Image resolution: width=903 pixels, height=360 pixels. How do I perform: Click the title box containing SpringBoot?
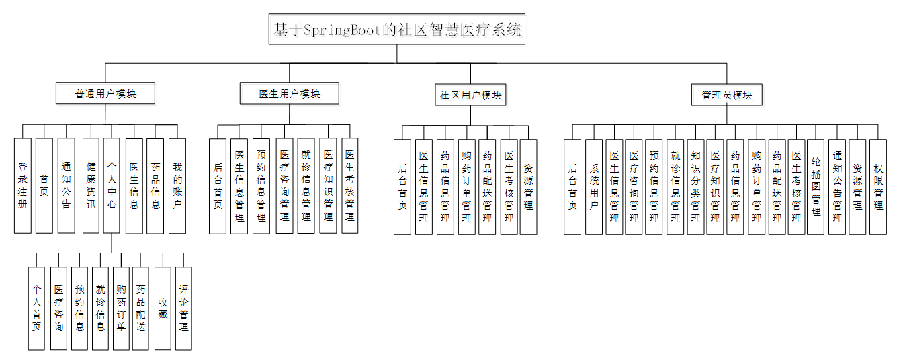point(396,30)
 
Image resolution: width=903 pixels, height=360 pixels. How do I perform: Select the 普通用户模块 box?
point(105,94)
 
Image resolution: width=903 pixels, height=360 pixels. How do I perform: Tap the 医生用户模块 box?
point(290,94)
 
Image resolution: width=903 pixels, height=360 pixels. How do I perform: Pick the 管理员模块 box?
point(727,95)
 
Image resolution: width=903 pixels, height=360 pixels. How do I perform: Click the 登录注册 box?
point(23,186)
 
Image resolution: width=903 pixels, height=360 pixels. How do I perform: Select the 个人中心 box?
point(112,186)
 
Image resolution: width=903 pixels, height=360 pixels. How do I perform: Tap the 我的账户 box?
point(177,186)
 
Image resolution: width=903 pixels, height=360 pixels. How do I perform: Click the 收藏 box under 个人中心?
point(163,308)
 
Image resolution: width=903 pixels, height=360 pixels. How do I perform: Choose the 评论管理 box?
point(183,308)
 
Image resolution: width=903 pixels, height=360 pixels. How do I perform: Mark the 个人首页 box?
point(37,308)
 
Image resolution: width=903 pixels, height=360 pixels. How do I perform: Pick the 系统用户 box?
point(594,187)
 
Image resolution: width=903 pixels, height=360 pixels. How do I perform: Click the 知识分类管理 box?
point(696,187)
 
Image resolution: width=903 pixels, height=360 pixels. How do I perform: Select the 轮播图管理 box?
point(816,187)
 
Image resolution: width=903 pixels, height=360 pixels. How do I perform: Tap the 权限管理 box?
point(878,187)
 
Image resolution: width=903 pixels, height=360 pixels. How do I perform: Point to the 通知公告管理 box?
point(837,187)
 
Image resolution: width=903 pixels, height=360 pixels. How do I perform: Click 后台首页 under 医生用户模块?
point(218,186)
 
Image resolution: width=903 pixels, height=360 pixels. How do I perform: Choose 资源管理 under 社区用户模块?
point(529,187)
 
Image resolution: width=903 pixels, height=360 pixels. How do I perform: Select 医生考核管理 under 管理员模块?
point(796,187)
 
